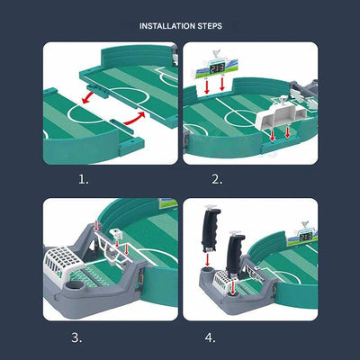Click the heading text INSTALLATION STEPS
(180, 26)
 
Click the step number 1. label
(84, 179)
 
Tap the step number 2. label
(217, 179)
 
